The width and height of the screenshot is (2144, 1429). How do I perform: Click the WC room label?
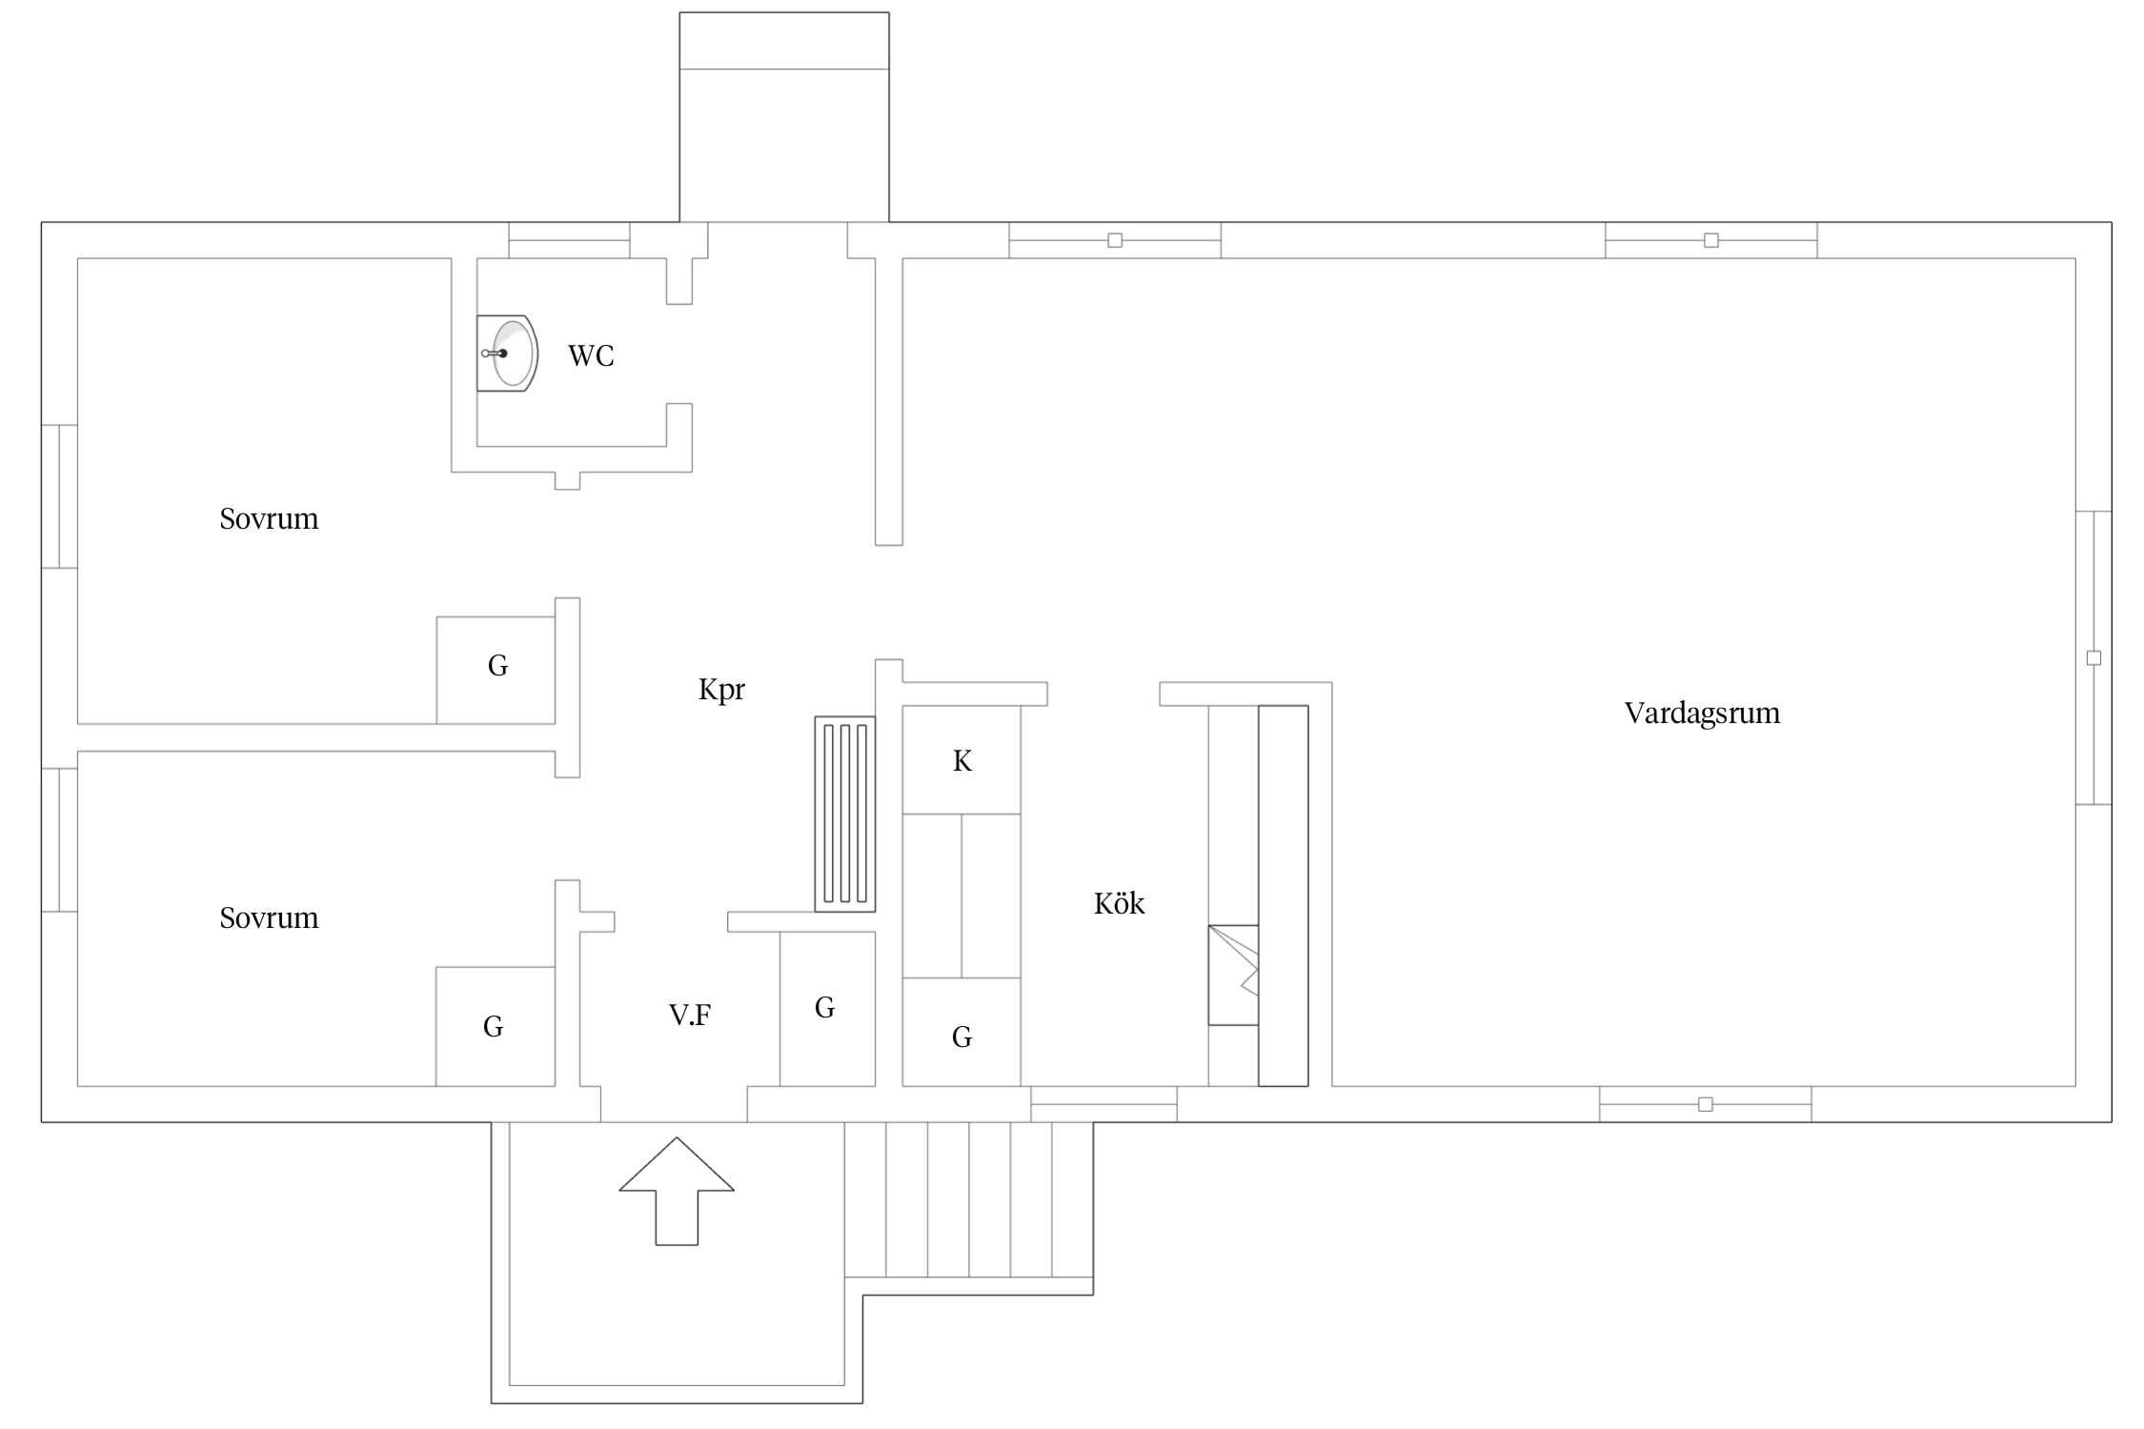pyautogui.click(x=591, y=356)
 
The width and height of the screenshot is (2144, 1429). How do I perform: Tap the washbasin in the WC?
pyautogui.click(x=507, y=353)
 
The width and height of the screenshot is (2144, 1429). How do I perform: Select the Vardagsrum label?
pyautogui.click(x=1702, y=714)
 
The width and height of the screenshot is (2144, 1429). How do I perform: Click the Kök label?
pyautogui.click(x=1119, y=903)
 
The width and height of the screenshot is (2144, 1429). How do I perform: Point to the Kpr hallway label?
pyautogui.click(x=721, y=690)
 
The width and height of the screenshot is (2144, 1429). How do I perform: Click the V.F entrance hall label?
pyautogui.click(x=690, y=1016)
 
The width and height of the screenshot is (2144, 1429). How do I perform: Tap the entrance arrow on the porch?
pyautogui.click(x=677, y=1191)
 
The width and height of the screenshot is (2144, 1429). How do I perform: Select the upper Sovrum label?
pyautogui.click(x=269, y=519)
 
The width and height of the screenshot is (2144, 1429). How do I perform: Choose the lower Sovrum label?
pyautogui.click(x=269, y=918)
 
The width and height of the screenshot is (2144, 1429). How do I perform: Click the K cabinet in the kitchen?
pyautogui.click(x=961, y=760)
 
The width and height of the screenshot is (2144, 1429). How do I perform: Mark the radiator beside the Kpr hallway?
pyautogui.click(x=845, y=814)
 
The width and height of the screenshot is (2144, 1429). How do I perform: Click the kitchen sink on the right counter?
pyautogui.click(x=1233, y=975)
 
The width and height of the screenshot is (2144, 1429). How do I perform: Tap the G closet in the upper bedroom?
pyautogui.click(x=496, y=670)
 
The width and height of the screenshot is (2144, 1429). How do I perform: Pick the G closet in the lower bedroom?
pyautogui.click(x=496, y=1026)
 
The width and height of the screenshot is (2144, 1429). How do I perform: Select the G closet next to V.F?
pyautogui.click(x=827, y=1008)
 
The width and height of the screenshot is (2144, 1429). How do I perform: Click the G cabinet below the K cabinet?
pyautogui.click(x=961, y=1032)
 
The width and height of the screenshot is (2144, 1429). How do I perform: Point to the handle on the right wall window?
pyautogui.click(x=2093, y=658)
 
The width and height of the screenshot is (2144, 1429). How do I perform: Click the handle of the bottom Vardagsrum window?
pyautogui.click(x=1706, y=1104)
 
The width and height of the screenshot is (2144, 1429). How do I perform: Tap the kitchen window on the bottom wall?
pyautogui.click(x=1103, y=1104)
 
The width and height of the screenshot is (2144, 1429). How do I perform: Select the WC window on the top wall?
pyautogui.click(x=569, y=240)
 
